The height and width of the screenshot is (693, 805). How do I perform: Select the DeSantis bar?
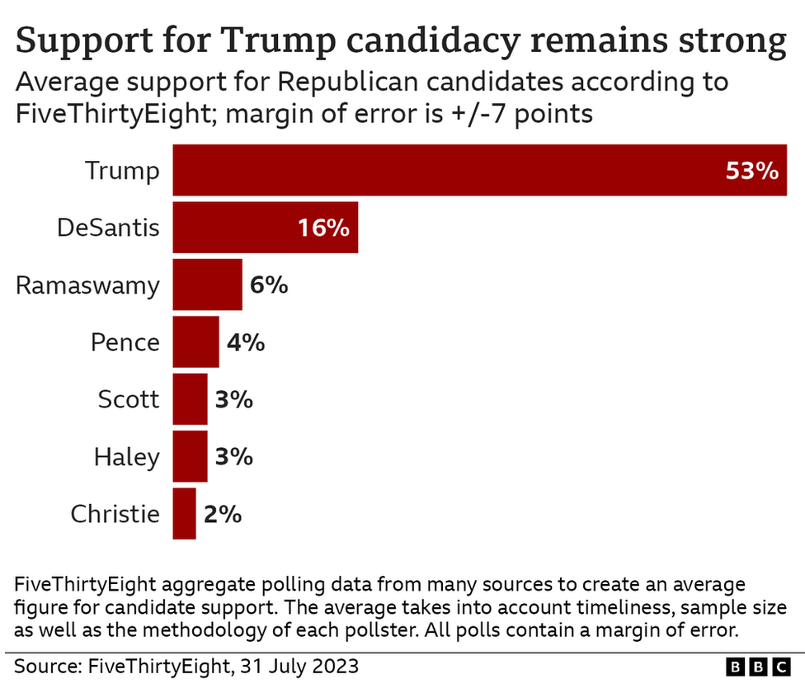coord(265,228)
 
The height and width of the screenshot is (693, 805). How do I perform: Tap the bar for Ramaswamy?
coord(207,285)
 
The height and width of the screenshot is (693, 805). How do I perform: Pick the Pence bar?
coord(195,342)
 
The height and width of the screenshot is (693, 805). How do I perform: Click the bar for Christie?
coord(184,514)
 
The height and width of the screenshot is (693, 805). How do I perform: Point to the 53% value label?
coord(751,172)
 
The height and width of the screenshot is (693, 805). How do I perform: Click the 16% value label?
coord(322,229)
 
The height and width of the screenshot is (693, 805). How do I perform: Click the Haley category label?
coord(126,457)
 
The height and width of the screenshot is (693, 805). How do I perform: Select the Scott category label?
coord(128,400)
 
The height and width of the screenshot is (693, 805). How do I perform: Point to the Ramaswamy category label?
coord(88,285)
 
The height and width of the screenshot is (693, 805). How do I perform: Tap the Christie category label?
coord(115,515)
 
